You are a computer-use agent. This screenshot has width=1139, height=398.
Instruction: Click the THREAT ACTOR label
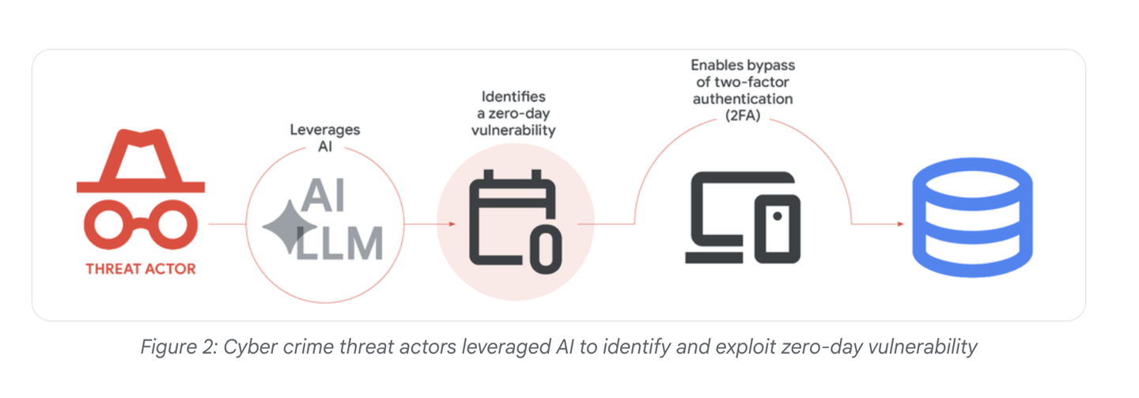[x=141, y=269]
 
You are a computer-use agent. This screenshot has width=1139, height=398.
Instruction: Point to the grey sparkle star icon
[x=288, y=226]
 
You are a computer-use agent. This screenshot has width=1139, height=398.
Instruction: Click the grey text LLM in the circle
[x=339, y=243]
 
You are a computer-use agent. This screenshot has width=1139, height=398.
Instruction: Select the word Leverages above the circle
[x=325, y=130]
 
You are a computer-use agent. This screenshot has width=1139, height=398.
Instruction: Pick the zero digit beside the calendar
[x=546, y=249]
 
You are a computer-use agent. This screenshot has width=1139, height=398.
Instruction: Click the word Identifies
[x=513, y=97]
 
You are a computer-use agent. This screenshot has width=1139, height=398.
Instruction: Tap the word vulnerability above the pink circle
[x=513, y=131]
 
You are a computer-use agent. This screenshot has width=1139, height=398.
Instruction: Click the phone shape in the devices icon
[x=778, y=229]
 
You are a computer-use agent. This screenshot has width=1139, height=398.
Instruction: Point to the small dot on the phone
[x=778, y=216]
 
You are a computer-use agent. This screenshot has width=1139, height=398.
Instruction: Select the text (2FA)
[x=743, y=116]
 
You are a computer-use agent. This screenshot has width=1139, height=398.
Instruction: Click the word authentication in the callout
[x=743, y=99]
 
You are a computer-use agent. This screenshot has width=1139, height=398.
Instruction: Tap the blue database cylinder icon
[x=972, y=218]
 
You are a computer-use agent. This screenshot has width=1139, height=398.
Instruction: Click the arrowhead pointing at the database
[x=901, y=224]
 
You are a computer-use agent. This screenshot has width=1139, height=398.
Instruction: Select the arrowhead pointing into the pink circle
[x=452, y=224]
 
